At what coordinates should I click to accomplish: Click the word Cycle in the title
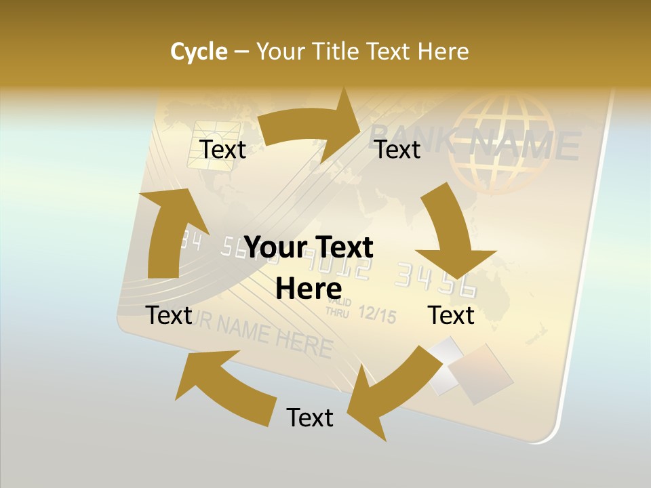point(199,52)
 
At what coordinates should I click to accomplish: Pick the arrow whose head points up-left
point(224,386)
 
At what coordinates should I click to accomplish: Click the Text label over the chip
point(223,149)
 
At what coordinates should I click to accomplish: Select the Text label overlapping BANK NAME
point(398,149)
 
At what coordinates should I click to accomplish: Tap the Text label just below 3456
point(452,315)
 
